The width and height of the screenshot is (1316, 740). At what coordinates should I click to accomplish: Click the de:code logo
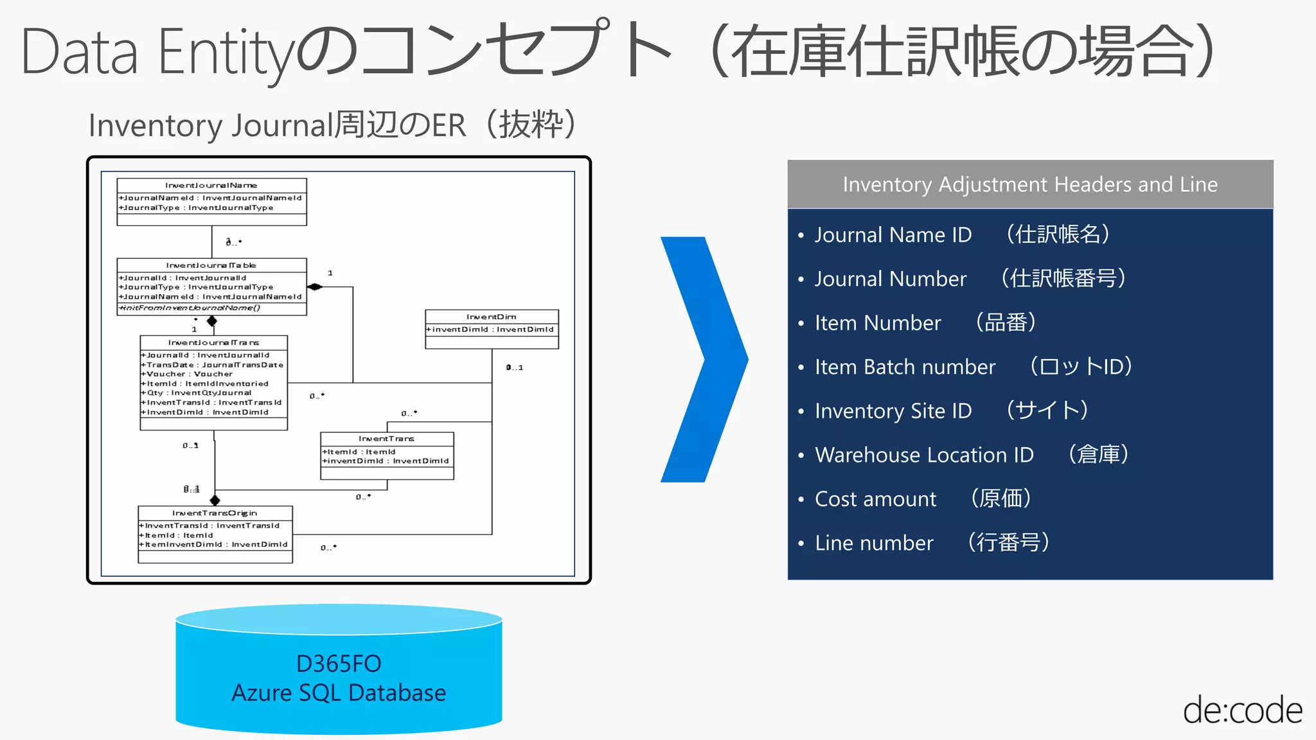(x=1242, y=710)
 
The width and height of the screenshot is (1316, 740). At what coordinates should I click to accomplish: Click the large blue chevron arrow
(x=704, y=360)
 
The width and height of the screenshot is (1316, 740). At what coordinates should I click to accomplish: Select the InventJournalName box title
(x=211, y=185)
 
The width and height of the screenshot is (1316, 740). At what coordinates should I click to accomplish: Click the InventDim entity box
(x=492, y=329)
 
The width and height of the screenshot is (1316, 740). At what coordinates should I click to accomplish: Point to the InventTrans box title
(x=386, y=439)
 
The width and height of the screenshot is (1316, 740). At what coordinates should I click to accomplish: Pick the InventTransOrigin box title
(x=215, y=513)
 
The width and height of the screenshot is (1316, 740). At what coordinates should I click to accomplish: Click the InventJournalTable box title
(x=211, y=265)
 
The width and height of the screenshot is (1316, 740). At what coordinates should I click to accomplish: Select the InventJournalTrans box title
(x=213, y=342)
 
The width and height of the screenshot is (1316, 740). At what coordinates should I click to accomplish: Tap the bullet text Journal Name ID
(x=893, y=235)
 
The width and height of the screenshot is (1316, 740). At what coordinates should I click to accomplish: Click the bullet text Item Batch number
(x=905, y=367)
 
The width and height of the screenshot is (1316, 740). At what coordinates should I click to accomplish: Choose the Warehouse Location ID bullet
(x=923, y=455)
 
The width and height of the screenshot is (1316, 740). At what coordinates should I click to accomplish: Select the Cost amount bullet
(x=875, y=499)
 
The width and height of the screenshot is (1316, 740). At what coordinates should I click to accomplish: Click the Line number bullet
(x=874, y=543)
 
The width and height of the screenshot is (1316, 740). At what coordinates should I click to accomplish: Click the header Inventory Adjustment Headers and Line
(x=1029, y=184)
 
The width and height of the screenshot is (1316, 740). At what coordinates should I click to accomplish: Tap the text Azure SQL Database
(x=339, y=693)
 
